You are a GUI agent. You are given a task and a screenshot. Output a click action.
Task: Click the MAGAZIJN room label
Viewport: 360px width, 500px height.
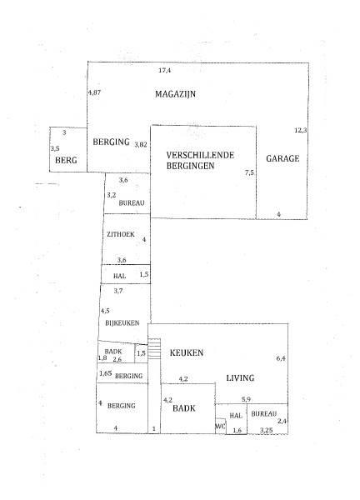coord(175,94)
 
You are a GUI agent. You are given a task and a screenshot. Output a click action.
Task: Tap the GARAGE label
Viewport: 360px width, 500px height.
coord(282,158)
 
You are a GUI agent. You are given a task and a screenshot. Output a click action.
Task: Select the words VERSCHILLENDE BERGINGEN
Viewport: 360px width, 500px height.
coord(200,160)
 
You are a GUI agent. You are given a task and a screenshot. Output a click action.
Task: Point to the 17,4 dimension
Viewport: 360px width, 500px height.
coord(164,70)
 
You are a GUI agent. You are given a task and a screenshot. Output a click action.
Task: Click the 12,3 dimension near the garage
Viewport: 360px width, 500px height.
coord(300,130)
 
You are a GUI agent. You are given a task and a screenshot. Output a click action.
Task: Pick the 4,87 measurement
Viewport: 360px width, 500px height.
coord(94,92)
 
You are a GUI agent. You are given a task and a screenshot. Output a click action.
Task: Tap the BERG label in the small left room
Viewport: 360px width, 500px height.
coord(66,160)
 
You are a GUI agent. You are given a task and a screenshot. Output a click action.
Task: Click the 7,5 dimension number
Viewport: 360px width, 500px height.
coord(249,172)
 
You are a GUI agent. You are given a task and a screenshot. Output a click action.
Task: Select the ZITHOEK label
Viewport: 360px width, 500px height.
coord(121,234)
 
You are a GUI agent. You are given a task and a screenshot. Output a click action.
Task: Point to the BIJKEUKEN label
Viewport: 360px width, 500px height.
coord(122,323)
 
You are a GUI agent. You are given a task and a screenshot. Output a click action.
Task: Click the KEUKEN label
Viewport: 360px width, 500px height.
coord(187,352)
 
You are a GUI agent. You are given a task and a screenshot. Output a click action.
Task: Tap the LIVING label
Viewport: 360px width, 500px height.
coord(240,377)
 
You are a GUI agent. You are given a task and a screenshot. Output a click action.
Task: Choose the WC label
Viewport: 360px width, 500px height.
coord(220,427)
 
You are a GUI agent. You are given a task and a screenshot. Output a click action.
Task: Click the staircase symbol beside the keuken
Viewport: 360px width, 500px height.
coord(155,348)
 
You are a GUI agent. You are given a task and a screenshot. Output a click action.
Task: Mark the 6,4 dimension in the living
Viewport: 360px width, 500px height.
coord(281,358)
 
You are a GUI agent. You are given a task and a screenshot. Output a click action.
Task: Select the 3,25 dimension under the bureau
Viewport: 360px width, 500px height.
coord(267,430)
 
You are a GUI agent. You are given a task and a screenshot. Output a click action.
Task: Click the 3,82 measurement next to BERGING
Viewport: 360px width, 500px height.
coord(141,144)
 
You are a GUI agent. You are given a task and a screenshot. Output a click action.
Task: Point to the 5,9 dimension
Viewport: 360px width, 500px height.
coord(246,399)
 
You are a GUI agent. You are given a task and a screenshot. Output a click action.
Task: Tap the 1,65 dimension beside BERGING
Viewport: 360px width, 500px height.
coord(106,373)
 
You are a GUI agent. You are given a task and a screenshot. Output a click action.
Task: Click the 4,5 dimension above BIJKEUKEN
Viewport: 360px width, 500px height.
coord(105,311)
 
